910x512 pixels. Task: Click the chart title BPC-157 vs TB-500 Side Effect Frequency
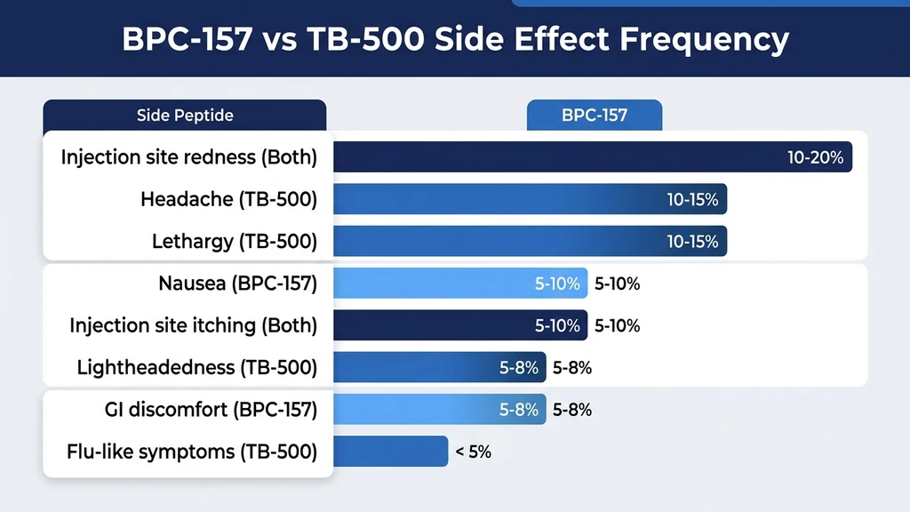pos(454,40)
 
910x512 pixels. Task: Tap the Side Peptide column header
pos(185,116)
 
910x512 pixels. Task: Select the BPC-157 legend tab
pos(594,116)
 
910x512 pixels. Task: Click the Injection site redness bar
pos(551,157)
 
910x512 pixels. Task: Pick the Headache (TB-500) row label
pos(228,199)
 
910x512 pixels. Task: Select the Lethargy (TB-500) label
pos(234,241)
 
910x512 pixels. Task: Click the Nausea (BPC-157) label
pos(237,284)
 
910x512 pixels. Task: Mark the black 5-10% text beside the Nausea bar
pos(617,284)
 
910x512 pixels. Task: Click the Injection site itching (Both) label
pos(193,325)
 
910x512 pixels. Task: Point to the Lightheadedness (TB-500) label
pos(196,367)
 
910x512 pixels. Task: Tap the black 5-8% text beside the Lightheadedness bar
pos(572,368)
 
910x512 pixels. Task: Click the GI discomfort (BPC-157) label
pos(210,410)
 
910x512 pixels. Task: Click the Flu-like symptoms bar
pos(391,452)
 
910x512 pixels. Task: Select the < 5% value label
pos(474,452)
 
